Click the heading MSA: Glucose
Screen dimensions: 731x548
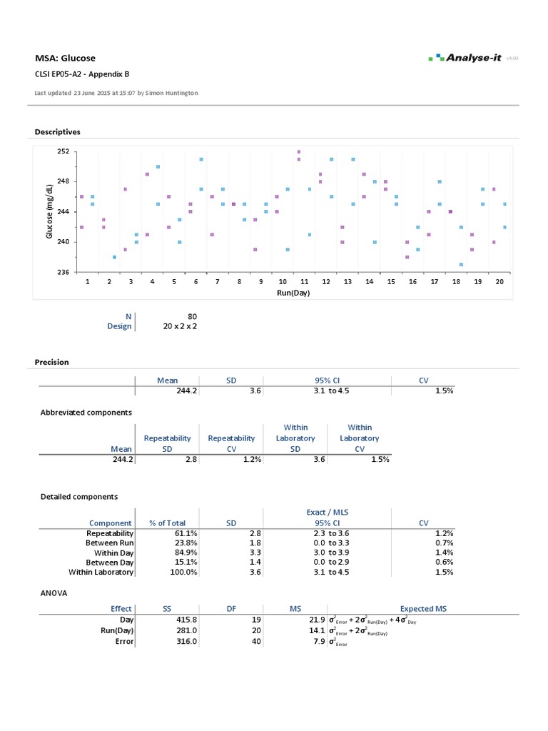pyautogui.click(x=65, y=58)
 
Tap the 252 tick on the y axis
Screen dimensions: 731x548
pyautogui.click(x=64, y=151)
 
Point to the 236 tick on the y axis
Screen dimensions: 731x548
pyautogui.click(x=64, y=272)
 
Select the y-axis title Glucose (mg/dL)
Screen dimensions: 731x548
pyautogui.click(x=49, y=211)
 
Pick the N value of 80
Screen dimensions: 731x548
pyautogui.click(x=192, y=316)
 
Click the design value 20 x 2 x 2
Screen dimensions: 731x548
pyautogui.click(x=181, y=326)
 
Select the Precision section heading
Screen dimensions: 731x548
pyautogui.click(x=52, y=362)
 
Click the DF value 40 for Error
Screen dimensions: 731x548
pyautogui.click(x=257, y=642)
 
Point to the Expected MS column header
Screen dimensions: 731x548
pyautogui.click(x=424, y=609)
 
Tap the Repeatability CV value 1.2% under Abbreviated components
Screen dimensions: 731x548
pyautogui.click(x=242, y=460)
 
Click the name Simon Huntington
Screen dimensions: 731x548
pyautogui.click(x=173, y=93)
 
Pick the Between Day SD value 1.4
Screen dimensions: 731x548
pyautogui.click(x=256, y=563)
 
